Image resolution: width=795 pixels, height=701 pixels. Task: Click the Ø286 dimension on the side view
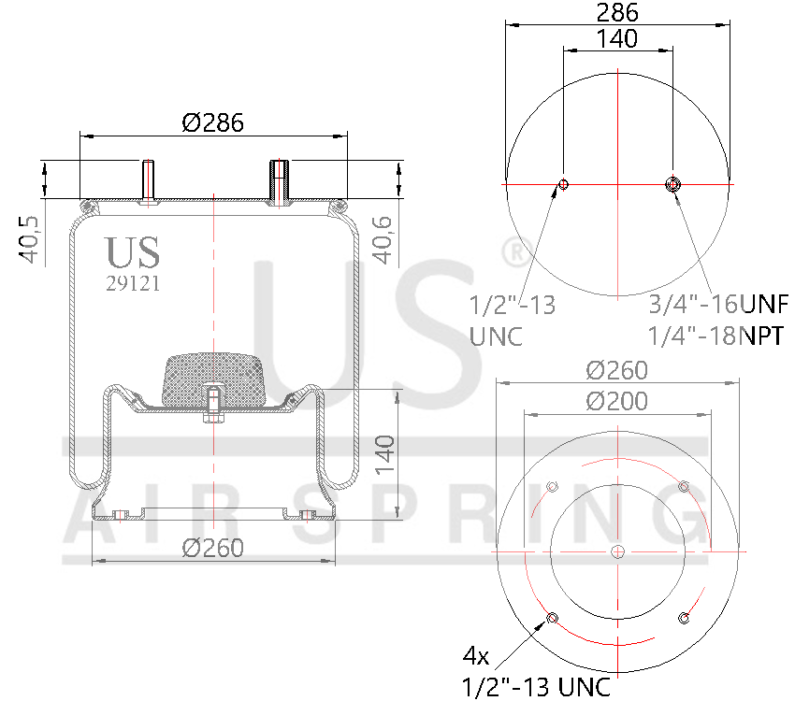(x=213, y=122)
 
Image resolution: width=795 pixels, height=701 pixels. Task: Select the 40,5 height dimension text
(x=28, y=240)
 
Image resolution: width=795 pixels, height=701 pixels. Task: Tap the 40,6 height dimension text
(x=383, y=239)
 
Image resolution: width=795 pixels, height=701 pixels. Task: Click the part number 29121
(x=132, y=284)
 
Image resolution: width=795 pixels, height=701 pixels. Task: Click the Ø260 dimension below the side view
(x=213, y=548)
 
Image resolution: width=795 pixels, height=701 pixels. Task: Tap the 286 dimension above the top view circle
(x=617, y=12)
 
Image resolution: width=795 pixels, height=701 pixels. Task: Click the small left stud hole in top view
(x=563, y=184)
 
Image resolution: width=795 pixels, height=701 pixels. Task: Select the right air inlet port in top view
(x=672, y=184)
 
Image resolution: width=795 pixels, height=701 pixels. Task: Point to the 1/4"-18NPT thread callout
(x=715, y=335)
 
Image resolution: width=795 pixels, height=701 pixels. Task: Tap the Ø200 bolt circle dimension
(x=617, y=401)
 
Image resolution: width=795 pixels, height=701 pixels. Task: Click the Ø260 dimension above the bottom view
(x=617, y=370)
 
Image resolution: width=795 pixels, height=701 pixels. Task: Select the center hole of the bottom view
(x=617, y=552)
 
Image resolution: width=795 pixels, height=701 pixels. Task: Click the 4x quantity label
(x=476, y=654)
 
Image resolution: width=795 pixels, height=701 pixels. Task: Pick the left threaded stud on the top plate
(x=149, y=181)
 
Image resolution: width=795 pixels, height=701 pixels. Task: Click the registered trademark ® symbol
(x=513, y=250)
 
